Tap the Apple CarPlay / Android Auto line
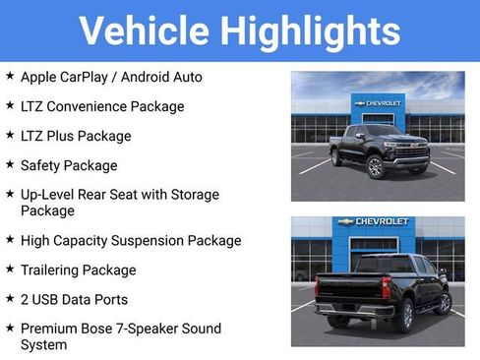pos(110,77)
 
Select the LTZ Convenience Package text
pos(102,106)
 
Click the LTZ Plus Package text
pos(76,136)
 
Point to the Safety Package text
pos(69,165)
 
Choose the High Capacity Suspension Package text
pos(131,240)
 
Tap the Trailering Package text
pos(79,270)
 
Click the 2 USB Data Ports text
pos(75,299)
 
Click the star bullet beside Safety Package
pos(10,164)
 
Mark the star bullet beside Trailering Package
pos(10,269)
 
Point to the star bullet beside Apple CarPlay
pos(10,76)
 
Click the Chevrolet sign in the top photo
pos(378,103)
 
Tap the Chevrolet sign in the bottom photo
pos(376,222)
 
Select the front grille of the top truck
pos(412,150)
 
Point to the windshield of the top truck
pos(383,132)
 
